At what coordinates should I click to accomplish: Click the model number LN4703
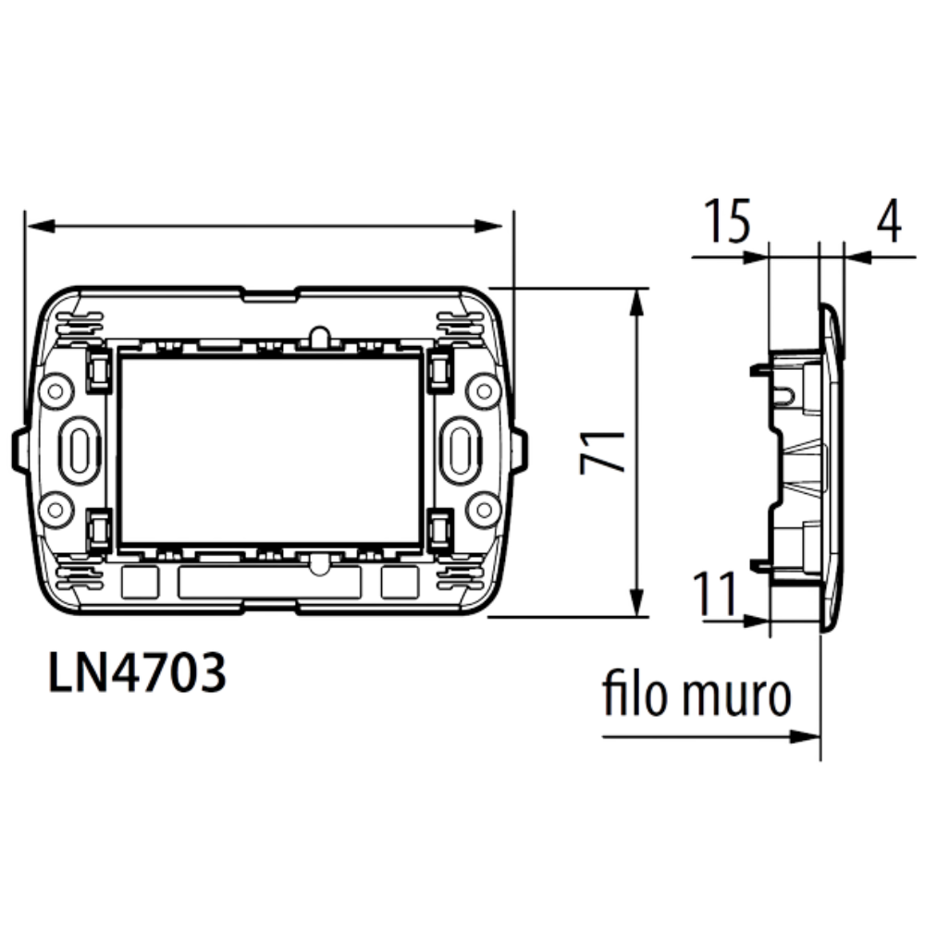click(137, 674)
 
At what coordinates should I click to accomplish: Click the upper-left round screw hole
click(55, 390)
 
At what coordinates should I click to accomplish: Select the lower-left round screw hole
click(55, 508)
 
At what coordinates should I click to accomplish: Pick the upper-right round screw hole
click(483, 390)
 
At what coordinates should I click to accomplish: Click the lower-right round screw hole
click(483, 508)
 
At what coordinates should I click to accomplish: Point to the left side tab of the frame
click(18, 450)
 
